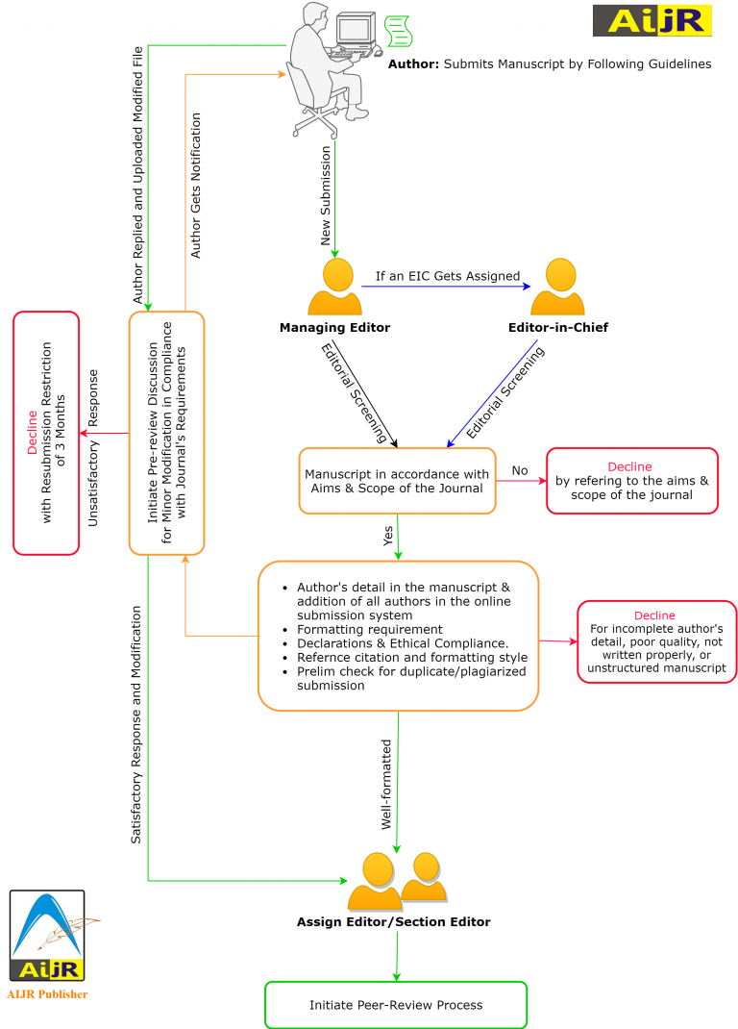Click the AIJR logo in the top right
pos(652,20)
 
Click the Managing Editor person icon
pos(334,288)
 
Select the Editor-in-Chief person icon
pos(557,288)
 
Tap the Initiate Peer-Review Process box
pos(396,1005)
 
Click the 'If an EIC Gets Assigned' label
pos(447,276)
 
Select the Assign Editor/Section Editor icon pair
pos(397,881)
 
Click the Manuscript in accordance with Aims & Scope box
pos(397,481)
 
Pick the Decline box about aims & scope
pos(631,481)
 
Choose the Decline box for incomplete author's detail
pos(656,641)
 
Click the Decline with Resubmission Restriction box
pos(46,433)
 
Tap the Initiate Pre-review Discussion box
pos(166,433)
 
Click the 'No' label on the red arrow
pos(520,470)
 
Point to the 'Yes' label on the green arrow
pos(388,536)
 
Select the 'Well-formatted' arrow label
pos(386,784)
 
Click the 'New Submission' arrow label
pos(326,195)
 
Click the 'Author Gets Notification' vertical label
pos(196,186)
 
